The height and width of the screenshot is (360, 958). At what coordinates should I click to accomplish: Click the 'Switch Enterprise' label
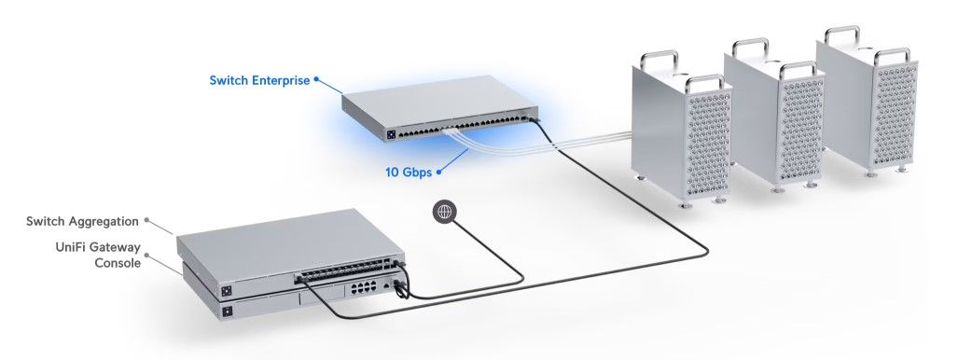(259, 80)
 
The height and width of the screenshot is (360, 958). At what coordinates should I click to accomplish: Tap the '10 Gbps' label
(409, 173)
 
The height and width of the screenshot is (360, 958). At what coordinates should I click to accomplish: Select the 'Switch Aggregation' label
(82, 221)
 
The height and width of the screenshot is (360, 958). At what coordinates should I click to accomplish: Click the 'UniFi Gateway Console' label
(98, 255)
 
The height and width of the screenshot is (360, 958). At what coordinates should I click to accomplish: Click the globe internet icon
(444, 212)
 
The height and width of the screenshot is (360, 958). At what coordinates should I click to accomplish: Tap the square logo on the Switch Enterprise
(391, 134)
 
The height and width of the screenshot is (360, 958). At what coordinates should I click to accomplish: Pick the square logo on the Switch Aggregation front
(227, 291)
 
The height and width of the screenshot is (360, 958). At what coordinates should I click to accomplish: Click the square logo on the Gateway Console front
(228, 312)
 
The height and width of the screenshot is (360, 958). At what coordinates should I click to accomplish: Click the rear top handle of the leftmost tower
(659, 59)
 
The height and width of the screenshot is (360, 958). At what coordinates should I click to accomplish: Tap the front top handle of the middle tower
(798, 69)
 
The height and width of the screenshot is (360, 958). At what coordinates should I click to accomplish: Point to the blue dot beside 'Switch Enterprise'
(316, 79)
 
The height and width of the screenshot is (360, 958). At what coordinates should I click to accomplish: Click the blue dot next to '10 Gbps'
(438, 173)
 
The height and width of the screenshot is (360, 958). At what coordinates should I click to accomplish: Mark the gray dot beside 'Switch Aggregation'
(146, 219)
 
